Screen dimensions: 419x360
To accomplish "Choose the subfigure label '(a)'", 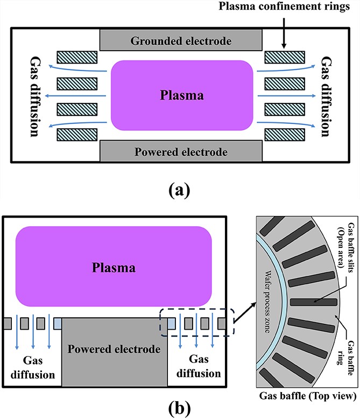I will click(x=180, y=190).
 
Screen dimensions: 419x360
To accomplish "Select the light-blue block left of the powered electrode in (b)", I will click(x=58, y=324).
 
